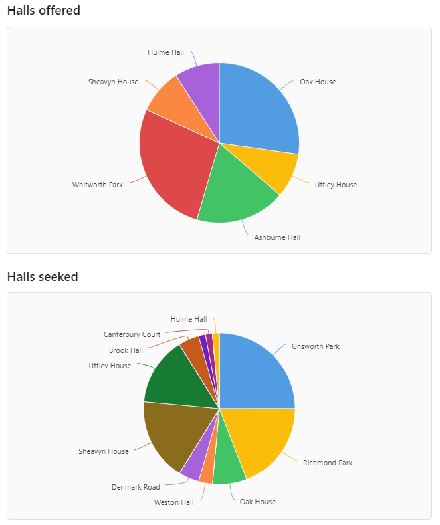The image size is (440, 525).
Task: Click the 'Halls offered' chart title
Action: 43,11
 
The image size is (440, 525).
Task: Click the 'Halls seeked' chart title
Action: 43,276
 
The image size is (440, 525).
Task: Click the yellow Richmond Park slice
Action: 263,439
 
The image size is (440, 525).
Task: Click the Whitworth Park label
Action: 98,185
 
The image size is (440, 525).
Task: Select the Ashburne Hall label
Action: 277,237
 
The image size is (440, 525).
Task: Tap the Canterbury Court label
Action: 132,334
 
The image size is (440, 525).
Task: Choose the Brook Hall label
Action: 126,350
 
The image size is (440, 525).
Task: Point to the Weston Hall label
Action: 173,502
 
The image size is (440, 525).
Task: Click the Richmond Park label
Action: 328,463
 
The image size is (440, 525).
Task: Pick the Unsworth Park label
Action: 316,346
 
